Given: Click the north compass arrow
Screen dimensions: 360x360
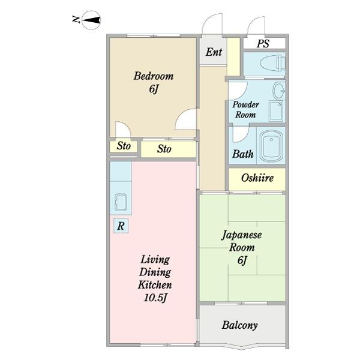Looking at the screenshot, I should click(x=92, y=20).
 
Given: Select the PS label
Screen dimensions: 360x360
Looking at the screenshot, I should click(x=263, y=43).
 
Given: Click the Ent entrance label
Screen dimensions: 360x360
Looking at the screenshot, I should click(x=214, y=52).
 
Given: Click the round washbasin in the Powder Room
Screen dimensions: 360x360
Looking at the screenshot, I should click(x=279, y=92).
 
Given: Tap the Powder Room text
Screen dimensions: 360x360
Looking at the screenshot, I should click(x=246, y=109).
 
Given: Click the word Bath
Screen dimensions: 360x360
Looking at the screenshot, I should click(x=242, y=154).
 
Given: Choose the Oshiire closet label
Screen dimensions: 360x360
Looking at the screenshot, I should click(x=257, y=178).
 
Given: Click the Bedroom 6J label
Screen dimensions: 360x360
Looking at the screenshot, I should click(x=154, y=83).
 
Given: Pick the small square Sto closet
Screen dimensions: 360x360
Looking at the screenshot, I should click(x=123, y=146).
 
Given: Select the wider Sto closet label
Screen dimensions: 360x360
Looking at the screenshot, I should click(x=164, y=149).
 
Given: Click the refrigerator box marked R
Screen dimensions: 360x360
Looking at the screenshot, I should click(x=121, y=226).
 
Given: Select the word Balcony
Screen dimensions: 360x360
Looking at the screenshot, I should click(x=239, y=326).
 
